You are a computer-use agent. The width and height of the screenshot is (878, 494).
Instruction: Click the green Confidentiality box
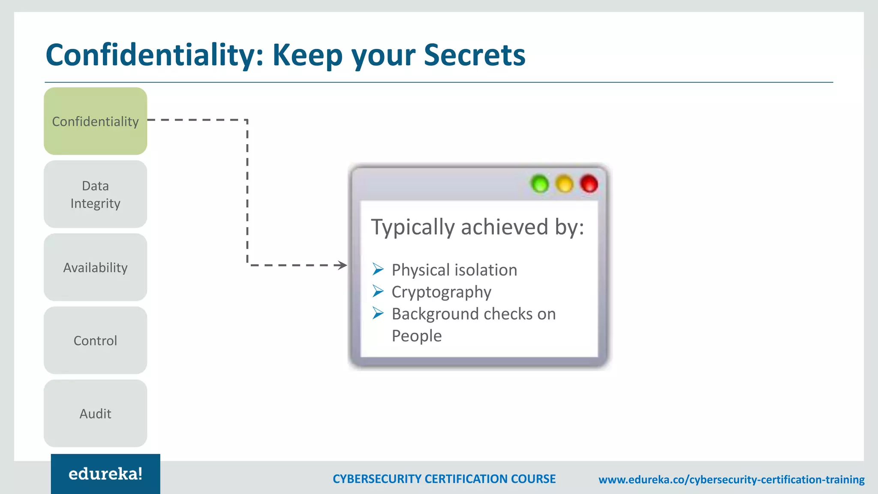coord(95,121)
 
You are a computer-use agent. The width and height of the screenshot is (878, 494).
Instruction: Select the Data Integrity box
coord(95,194)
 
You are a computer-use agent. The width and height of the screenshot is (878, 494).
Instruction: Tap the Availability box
coord(95,267)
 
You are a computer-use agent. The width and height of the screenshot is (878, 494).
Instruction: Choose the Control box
coord(95,340)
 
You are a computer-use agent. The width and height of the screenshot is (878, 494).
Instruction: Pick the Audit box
coord(95,413)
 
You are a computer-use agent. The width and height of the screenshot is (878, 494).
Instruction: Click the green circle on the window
coord(540,184)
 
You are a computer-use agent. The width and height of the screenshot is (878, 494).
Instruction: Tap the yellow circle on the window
coord(564,184)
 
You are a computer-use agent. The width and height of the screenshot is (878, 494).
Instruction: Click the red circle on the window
coord(589,184)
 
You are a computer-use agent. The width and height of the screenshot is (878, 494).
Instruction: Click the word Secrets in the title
coord(475,55)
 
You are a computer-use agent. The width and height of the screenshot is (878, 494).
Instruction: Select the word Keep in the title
coord(307,55)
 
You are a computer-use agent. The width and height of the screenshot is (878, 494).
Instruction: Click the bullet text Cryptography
coord(441,292)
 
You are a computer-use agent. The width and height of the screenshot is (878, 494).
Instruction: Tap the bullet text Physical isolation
coord(454,270)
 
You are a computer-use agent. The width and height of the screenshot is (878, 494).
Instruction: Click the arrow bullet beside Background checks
coord(378,313)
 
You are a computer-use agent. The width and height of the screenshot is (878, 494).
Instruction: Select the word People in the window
coord(416,336)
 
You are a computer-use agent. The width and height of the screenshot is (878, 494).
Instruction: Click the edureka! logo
coord(105,474)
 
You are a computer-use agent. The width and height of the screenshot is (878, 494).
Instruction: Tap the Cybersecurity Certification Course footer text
coord(444,479)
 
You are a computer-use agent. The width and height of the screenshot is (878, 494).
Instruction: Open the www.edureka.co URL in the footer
coord(731,479)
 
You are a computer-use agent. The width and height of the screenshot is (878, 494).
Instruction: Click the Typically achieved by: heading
coord(477,227)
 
